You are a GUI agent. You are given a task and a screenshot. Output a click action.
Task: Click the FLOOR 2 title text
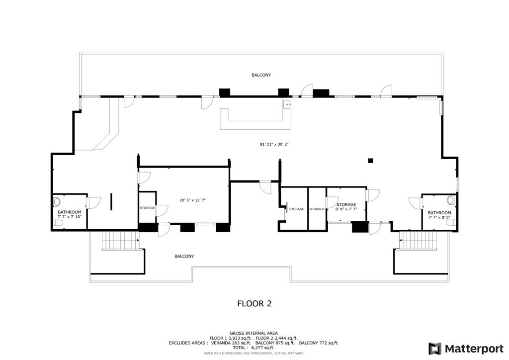(x=254, y=303)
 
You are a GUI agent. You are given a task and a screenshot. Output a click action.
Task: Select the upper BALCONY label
(x=261, y=75)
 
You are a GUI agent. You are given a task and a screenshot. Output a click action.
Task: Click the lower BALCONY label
(x=184, y=256)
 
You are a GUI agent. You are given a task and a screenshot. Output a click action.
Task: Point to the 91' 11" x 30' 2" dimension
(x=274, y=144)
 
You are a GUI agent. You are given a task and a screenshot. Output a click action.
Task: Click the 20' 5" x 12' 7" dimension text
(x=192, y=200)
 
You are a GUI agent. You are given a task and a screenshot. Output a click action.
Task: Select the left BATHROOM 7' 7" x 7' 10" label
(x=69, y=214)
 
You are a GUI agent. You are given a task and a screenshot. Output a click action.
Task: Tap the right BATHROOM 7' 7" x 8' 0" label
(x=439, y=215)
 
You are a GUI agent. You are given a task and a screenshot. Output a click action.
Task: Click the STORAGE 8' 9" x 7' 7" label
(x=346, y=207)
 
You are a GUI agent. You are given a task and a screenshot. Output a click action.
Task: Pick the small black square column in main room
(x=370, y=160)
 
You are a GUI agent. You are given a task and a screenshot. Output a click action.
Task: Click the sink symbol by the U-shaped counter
(x=287, y=105)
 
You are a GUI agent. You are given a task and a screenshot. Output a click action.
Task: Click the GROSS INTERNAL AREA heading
(x=254, y=333)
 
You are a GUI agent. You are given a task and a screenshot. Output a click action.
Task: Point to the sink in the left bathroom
(x=56, y=202)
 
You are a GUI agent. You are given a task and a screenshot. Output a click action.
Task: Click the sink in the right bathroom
(x=450, y=200)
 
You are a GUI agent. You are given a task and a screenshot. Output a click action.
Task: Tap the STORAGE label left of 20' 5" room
(x=147, y=208)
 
